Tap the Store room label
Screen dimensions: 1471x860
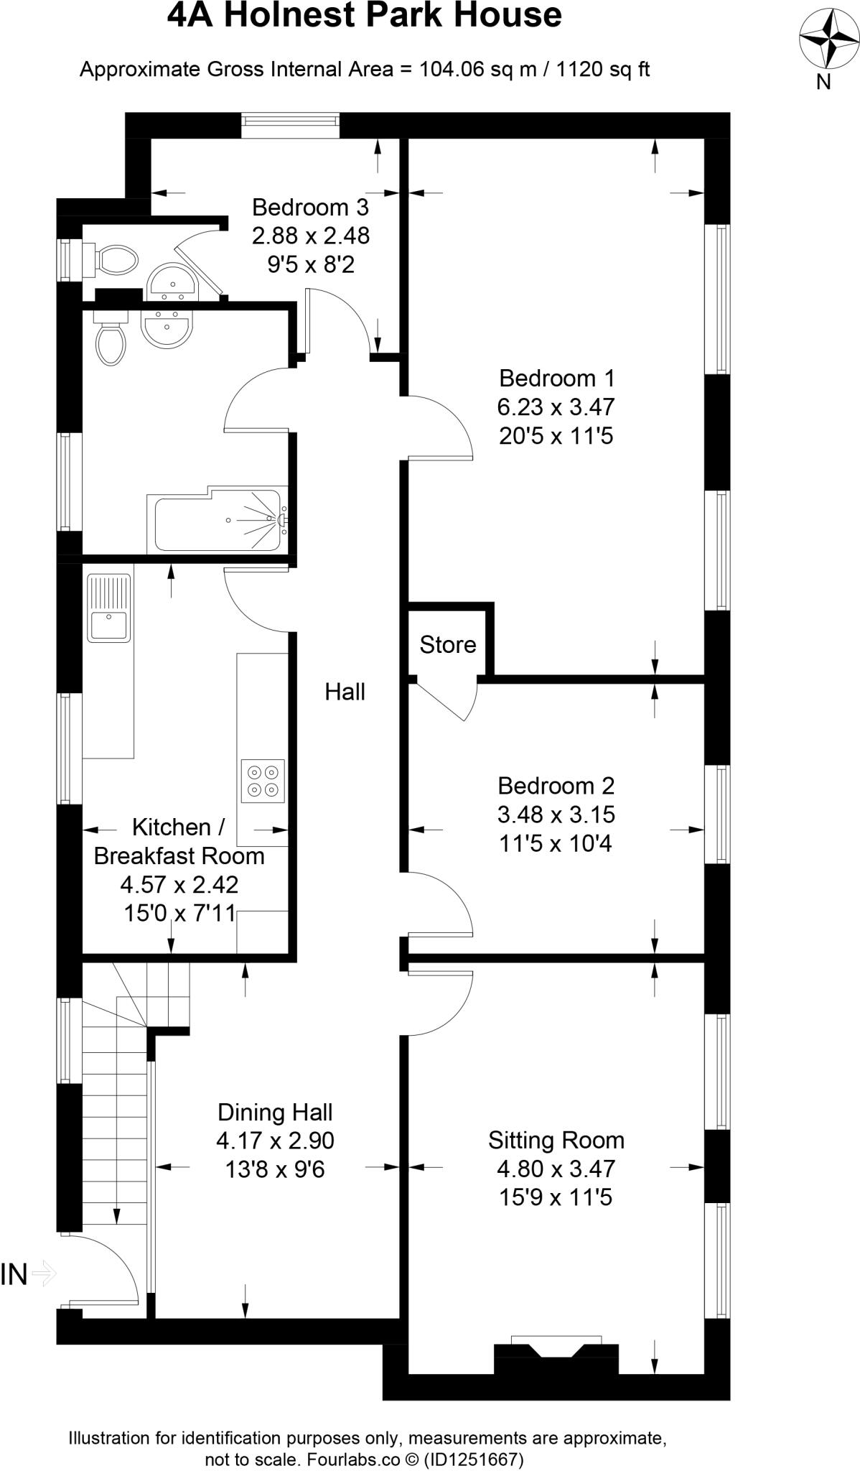point(448,644)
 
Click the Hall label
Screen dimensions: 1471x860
point(345,692)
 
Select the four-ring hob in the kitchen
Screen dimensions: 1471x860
point(262,781)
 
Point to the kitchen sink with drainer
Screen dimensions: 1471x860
point(109,608)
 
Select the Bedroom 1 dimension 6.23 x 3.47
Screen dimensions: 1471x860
point(556,407)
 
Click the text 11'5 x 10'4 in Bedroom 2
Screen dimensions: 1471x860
point(556,843)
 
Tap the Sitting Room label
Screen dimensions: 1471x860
point(556,1140)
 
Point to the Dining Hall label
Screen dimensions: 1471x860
point(275,1112)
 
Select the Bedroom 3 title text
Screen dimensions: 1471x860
point(310,207)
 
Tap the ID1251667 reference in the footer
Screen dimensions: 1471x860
point(474,1460)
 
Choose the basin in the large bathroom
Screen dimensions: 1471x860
point(167,329)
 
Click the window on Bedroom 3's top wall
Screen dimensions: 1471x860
point(290,125)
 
